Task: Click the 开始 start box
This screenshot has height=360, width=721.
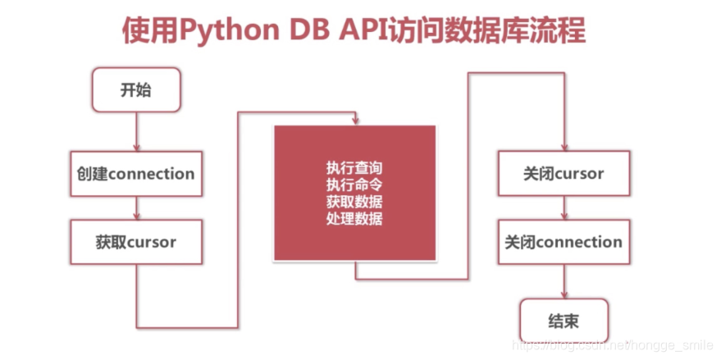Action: (x=135, y=90)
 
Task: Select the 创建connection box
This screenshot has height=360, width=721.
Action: (x=135, y=174)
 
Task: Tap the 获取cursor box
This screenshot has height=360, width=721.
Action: (x=135, y=242)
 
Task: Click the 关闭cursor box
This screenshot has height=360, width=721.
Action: (x=563, y=174)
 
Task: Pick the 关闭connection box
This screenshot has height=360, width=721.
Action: (x=563, y=242)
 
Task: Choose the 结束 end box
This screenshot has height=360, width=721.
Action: (x=563, y=319)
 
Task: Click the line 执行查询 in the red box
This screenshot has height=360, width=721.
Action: (x=354, y=167)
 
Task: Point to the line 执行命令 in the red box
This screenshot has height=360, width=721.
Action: (x=354, y=185)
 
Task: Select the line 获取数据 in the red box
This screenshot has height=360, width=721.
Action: (x=354, y=202)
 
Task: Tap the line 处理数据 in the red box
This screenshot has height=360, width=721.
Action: (x=354, y=219)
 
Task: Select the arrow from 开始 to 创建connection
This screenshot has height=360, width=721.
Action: (x=135, y=131)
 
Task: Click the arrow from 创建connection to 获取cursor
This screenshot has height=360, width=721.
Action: (x=135, y=208)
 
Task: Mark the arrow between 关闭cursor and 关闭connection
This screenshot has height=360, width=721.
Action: (x=563, y=208)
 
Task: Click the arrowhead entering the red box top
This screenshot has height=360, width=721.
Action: (x=354, y=121)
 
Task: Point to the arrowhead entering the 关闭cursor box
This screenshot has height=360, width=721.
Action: (x=563, y=146)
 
